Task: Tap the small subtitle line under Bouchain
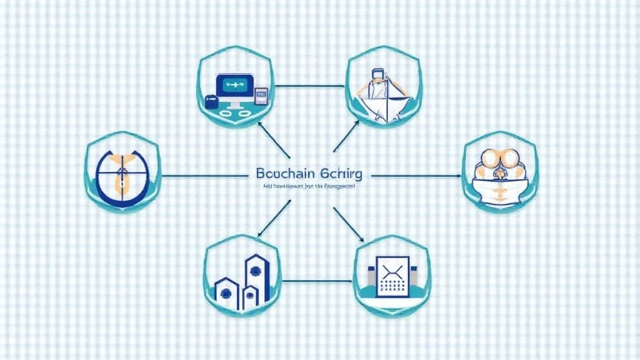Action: (x=307, y=186)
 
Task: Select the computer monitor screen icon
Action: (x=234, y=87)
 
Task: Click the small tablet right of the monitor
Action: (x=262, y=95)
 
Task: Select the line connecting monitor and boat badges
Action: (x=310, y=86)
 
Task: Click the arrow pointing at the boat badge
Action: (x=346, y=136)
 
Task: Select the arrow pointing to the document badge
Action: (x=349, y=225)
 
